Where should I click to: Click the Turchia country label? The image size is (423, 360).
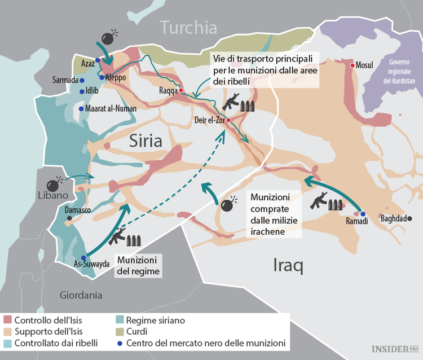(188, 27)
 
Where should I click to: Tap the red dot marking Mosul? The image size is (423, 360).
(353, 65)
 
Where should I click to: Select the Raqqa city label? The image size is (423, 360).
(168, 90)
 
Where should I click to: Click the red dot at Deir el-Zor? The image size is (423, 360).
(229, 120)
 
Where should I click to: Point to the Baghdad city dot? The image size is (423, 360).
(410, 218)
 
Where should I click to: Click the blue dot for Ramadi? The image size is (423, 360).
(363, 214)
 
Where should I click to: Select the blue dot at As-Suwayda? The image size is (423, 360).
(83, 257)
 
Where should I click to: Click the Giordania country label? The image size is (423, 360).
(81, 295)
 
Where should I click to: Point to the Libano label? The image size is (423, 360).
(52, 195)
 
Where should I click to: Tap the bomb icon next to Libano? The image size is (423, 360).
(54, 184)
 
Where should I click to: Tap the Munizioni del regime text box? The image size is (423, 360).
(138, 265)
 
